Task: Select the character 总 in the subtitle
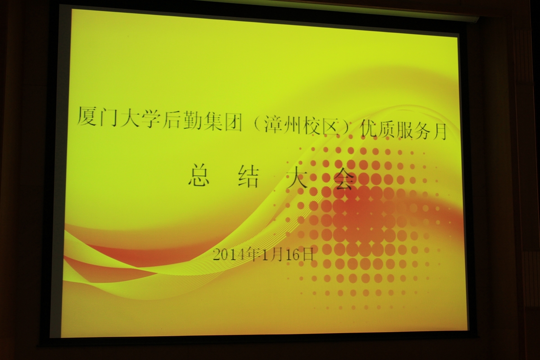pyautogui.click(x=198, y=176)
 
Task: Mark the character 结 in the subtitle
pyautogui.click(x=248, y=178)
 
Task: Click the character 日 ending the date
pyautogui.click(x=306, y=255)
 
